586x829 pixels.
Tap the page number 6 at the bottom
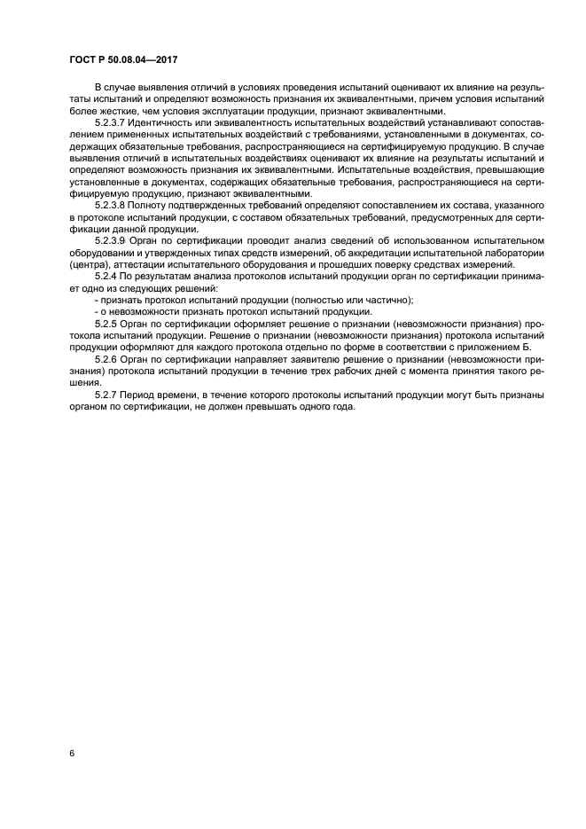pyautogui.click(x=71, y=753)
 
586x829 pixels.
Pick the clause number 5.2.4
pyautogui.click(x=108, y=278)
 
